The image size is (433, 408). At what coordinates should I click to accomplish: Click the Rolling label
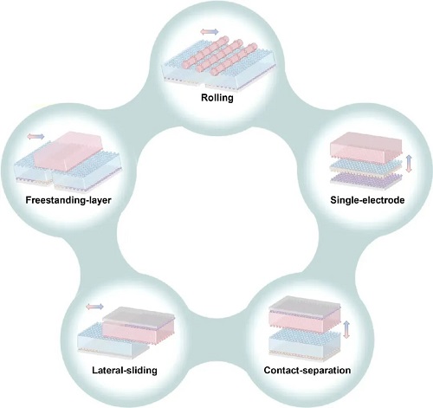217,98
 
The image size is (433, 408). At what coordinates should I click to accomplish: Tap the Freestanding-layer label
68,200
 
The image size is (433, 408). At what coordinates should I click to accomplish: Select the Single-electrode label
367,200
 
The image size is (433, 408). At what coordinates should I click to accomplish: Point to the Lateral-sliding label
125,370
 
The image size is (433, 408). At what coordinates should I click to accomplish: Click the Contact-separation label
307,370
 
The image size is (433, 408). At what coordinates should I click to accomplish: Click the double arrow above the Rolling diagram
210,32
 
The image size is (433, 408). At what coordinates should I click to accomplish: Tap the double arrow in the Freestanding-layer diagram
36,136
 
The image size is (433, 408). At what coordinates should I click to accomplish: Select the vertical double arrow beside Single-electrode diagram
409,164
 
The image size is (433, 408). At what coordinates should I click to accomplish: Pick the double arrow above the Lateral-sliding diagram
94,307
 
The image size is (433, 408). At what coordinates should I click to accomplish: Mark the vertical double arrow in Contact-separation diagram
346,329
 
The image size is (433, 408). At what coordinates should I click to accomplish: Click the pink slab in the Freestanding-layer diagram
68,151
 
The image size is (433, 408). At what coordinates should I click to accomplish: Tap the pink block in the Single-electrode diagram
366,148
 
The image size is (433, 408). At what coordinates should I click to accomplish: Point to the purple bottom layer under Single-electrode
366,179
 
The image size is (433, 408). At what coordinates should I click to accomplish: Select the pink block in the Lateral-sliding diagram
139,332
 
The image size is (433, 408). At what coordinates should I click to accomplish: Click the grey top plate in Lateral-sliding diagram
139,314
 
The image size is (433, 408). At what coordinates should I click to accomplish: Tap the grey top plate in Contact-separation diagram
305,304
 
